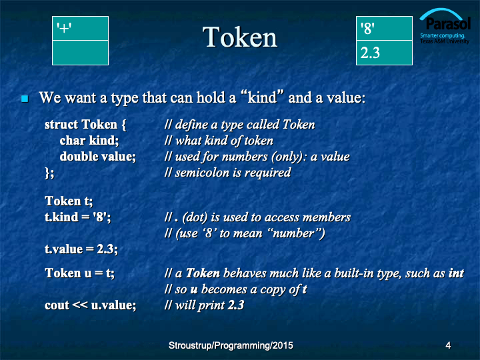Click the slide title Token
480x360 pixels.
tap(240, 37)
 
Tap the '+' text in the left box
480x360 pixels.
tap(64, 28)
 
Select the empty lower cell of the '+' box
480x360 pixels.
tap(80, 53)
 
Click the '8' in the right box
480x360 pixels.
tap(367, 28)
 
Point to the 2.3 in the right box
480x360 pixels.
tap(370, 53)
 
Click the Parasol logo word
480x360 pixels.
tap(448, 23)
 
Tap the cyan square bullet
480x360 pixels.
tap(25, 99)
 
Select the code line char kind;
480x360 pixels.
tap(89, 141)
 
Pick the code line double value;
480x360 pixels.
tap(97, 157)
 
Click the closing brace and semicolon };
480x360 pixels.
tap(49, 173)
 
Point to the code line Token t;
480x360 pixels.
tap(69, 201)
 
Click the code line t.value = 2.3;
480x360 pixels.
tap(81, 249)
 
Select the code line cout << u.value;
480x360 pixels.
tap(90, 305)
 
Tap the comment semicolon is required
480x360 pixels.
tap(233, 173)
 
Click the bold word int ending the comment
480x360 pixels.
tap(456, 273)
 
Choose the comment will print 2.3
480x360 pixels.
tap(210, 305)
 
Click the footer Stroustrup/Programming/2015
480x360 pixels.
tap(231, 345)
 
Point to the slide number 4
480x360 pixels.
tap(448, 345)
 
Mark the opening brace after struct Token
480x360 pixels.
tap(124, 125)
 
